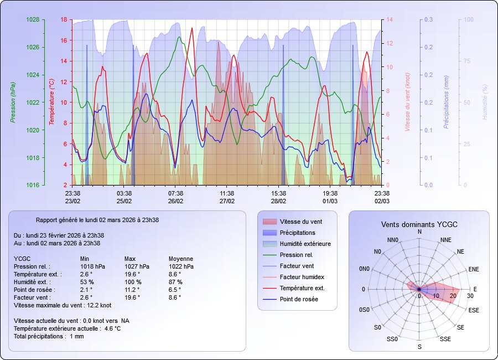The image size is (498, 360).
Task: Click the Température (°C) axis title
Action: point(51,102)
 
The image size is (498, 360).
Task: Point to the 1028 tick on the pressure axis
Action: point(33,19)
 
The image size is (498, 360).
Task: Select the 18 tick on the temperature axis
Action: point(64,19)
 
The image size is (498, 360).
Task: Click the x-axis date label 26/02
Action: point(175,201)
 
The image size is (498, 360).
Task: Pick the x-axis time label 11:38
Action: point(227,193)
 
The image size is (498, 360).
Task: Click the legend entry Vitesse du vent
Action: point(301,222)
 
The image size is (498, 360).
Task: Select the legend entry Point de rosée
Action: point(299,299)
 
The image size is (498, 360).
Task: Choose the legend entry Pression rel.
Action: point(297,255)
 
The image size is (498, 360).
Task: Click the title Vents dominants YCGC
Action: point(419,224)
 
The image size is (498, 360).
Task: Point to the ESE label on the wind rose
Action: point(474,310)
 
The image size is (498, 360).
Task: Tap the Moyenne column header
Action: point(180,259)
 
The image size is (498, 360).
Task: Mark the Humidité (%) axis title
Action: point(485,102)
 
